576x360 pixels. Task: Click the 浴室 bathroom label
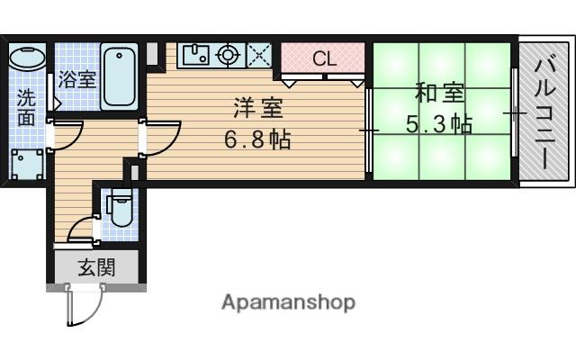coord(76,78)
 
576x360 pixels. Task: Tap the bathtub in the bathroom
coord(119,77)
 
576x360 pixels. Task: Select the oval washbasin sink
coord(26,58)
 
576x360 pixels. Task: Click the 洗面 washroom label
coord(26,105)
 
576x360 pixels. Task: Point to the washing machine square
coord(27,165)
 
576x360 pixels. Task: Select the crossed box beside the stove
coord(259,56)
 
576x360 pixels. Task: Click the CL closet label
coord(324,59)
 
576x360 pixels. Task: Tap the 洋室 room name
coord(257,108)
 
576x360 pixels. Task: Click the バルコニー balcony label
coord(544,112)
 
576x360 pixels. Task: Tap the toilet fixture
coord(120,210)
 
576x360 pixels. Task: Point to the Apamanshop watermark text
coord(288,301)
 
